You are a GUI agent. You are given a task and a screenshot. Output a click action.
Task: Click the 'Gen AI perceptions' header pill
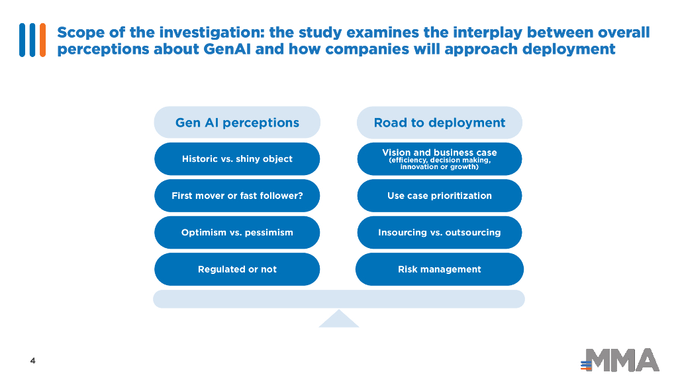point(237,123)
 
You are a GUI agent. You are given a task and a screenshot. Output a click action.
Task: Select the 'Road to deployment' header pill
point(439,123)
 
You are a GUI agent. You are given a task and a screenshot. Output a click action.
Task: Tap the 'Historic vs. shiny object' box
point(237,159)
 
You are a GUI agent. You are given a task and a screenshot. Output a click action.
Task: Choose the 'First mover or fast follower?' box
point(237,196)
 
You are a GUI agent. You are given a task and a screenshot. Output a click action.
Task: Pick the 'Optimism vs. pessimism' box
point(237,233)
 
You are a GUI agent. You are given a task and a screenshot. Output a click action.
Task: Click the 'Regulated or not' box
point(237,269)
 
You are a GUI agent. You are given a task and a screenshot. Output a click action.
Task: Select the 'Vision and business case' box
point(439,159)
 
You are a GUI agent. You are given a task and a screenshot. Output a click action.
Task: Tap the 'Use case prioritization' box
point(439,196)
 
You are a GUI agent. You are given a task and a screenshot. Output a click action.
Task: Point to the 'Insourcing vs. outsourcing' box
point(439,233)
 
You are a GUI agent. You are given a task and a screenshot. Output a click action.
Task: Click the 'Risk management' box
point(439,269)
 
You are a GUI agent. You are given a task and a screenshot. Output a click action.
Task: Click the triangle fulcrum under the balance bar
point(338,320)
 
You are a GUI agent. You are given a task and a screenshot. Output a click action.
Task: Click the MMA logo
point(620,360)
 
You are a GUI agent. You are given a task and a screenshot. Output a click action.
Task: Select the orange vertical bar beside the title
point(42,40)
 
